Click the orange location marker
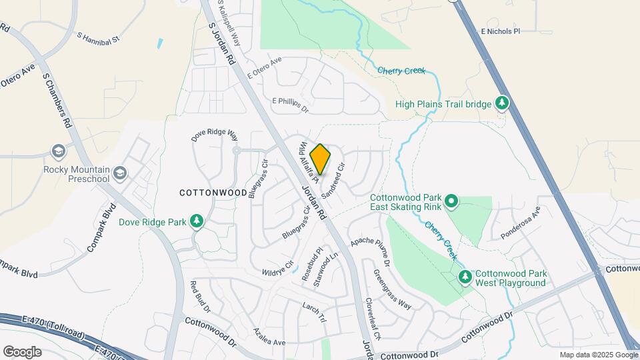[x=321, y=159]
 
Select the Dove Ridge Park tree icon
[x=197, y=221]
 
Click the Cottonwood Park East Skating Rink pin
[x=451, y=201]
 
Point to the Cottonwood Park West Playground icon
[x=465, y=277]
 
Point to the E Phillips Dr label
[x=291, y=104]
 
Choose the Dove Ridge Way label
[x=215, y=135]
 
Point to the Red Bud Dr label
[x=201, y=297]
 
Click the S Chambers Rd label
[x=57, y=100]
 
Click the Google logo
[x=22, y=351]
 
